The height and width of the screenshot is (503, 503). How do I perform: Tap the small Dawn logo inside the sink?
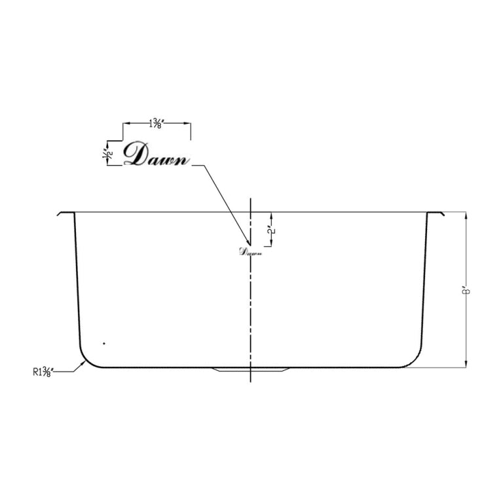(x=250, y=251)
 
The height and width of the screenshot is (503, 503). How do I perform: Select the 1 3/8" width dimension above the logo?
(x=157, y=123)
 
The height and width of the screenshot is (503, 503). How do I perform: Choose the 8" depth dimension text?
(x=466, y=289)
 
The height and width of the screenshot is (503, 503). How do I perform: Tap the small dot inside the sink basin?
(x=103, y=343)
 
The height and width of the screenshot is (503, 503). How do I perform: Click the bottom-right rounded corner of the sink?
(x=414, y=358)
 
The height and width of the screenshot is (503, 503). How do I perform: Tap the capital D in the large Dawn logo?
(x=136, y=154)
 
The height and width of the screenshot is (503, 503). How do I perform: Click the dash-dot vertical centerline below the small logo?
(x=251, y=308)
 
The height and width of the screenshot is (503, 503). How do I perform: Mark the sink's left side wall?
(x=77, y=282)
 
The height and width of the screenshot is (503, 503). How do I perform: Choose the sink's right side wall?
(x=424, y=282)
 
